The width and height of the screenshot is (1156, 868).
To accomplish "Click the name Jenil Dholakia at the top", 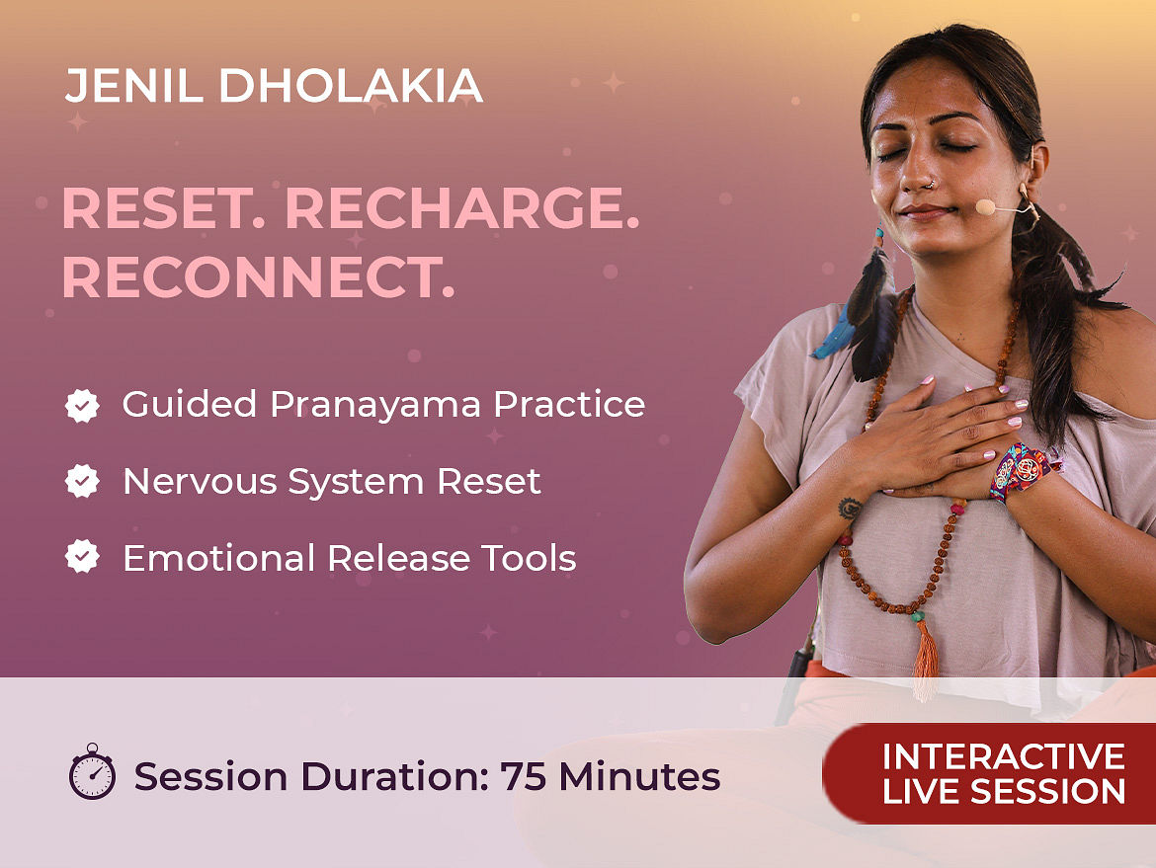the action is [274, 86].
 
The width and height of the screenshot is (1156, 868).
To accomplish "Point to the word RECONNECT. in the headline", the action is [258, 277].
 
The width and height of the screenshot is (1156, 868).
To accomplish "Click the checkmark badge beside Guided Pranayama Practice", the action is [82, 405].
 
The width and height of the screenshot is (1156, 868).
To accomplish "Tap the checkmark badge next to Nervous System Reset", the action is [82, 481].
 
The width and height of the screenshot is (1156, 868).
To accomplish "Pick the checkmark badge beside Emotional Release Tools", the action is [82, 556].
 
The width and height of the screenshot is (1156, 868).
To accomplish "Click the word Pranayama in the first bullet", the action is [375, 406].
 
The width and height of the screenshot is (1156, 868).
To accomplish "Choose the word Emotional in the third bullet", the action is [219, 558].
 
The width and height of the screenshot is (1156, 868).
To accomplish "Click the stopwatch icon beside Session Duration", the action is [92, 771].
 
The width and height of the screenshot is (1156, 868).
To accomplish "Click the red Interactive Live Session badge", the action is [989, 773].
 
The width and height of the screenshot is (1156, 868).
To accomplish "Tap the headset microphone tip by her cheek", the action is [985, 207].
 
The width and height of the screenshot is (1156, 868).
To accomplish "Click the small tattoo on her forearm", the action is [850, 508].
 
